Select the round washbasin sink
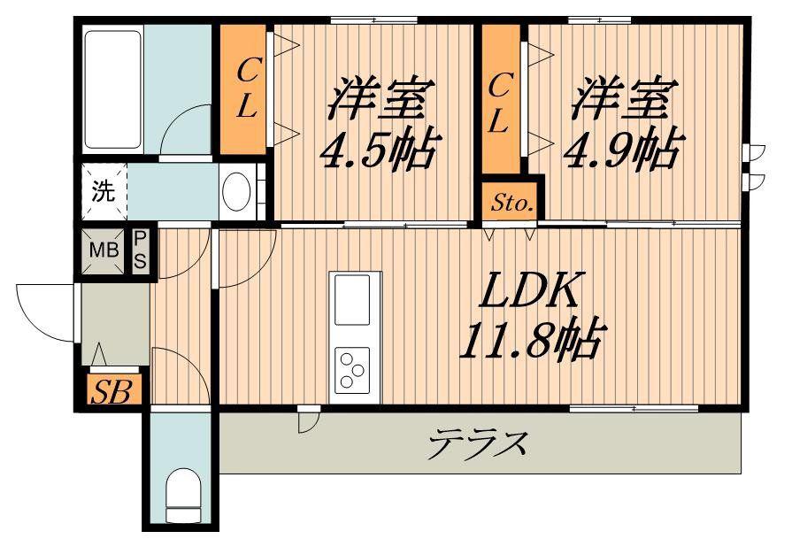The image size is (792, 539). coord(236,191)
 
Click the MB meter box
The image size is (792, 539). coord(104,250)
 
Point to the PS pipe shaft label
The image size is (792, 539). coord(140,251)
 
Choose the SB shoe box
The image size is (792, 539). coord(112,390)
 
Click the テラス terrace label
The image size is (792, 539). coord(477,443)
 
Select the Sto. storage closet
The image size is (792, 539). coord(509,202)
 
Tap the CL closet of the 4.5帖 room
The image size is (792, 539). coord(244,89)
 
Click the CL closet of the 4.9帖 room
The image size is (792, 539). coord(501,99)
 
